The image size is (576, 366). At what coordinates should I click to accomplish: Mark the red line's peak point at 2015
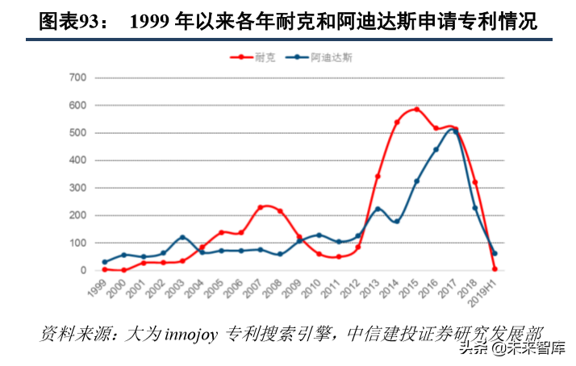pos(416,109)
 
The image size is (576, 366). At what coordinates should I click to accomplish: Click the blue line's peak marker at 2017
pos(455,131)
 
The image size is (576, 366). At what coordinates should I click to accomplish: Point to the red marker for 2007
pos(260,208)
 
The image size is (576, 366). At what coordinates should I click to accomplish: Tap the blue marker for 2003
pos(182,238)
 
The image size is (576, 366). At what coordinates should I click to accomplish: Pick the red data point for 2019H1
pos(495,269)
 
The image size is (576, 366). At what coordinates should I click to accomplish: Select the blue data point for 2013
pos(378,210)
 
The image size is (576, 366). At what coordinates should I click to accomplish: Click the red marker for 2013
pos(378,176)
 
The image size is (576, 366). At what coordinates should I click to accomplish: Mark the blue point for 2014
pos(397,221)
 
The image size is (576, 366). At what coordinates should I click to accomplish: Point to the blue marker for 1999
pos(104,262)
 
